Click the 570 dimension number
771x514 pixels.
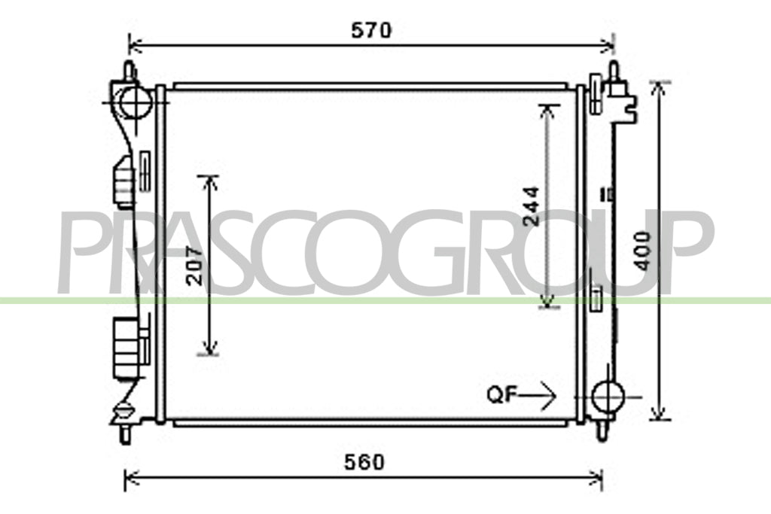(x=371, y=30)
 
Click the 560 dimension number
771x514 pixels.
(x=364, y=462)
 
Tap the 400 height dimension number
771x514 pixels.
(x=642, y=251)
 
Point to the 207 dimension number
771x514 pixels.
(x=195, y=266)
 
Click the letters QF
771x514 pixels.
(x=502, y=394)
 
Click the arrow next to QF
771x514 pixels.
(x=538, y=395)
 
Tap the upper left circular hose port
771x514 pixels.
(x=135, y=102)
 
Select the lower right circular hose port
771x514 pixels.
(x=608, y=396)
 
